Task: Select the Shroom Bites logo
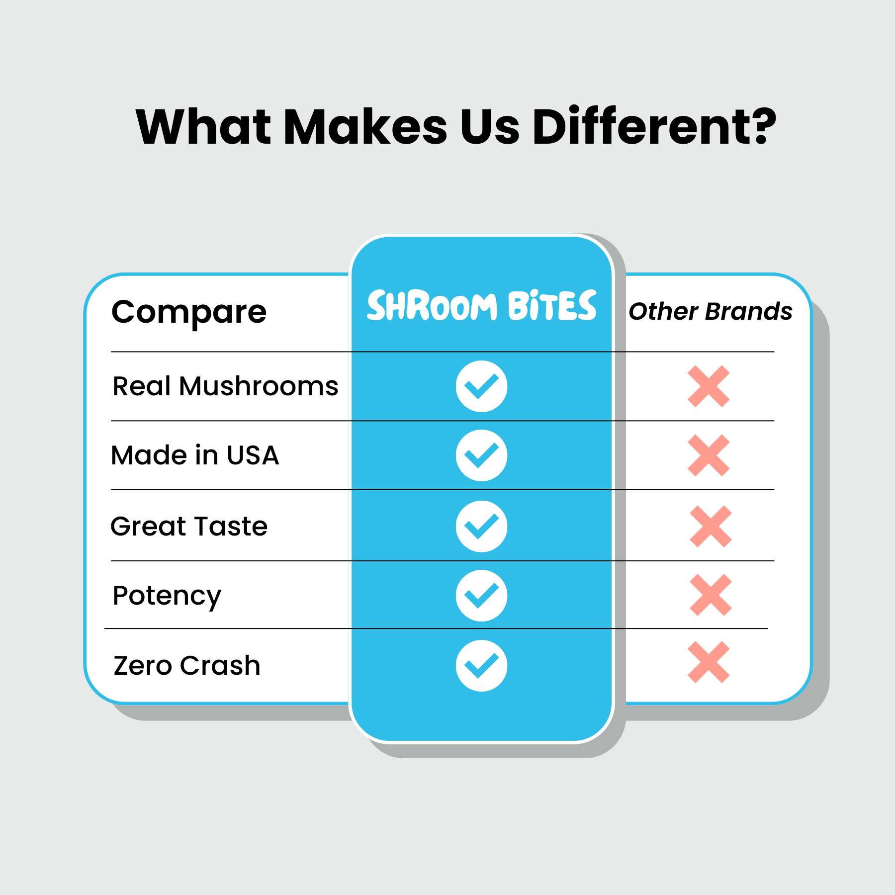tap(481, 305)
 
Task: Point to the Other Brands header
tap(711, 312)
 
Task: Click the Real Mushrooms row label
tap(225, 386)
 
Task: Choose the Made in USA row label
tap(195, 455)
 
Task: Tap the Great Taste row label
tap(189, 526)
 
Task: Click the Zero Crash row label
tap(187, 666)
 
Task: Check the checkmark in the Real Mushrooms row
tap(481, 386)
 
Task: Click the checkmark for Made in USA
tap(481, 455)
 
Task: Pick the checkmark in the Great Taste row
tap(481, 527)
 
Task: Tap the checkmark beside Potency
tap(481, 596)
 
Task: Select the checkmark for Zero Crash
tap(481, 666)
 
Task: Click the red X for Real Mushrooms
tap(709, 386)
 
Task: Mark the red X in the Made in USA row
tap(709, 455)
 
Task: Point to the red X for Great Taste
tap(711, 527)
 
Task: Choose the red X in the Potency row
tap(711, 595)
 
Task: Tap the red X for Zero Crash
tap(709, 662)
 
